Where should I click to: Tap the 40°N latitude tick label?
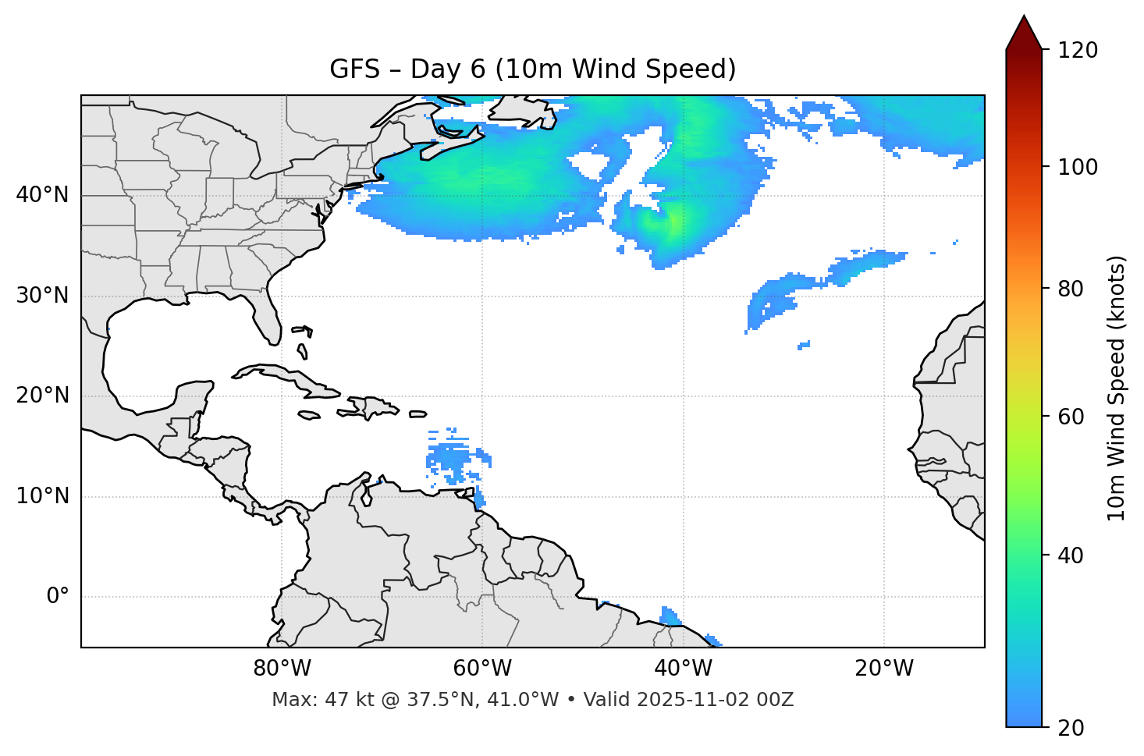[42, 195]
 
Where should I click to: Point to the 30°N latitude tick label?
[42, 296]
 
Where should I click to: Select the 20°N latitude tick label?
[42, 396]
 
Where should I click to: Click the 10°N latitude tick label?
[42, 496]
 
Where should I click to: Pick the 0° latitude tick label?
[58, 597]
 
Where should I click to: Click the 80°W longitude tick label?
[282, 669]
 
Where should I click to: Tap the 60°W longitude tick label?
[482, 669]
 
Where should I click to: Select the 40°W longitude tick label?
[683, 669]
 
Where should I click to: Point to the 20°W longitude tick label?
[883, 669]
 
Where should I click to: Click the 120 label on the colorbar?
[1078, 51]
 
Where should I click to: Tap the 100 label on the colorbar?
[1078, 167]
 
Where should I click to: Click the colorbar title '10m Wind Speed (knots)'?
[1117, 389]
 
